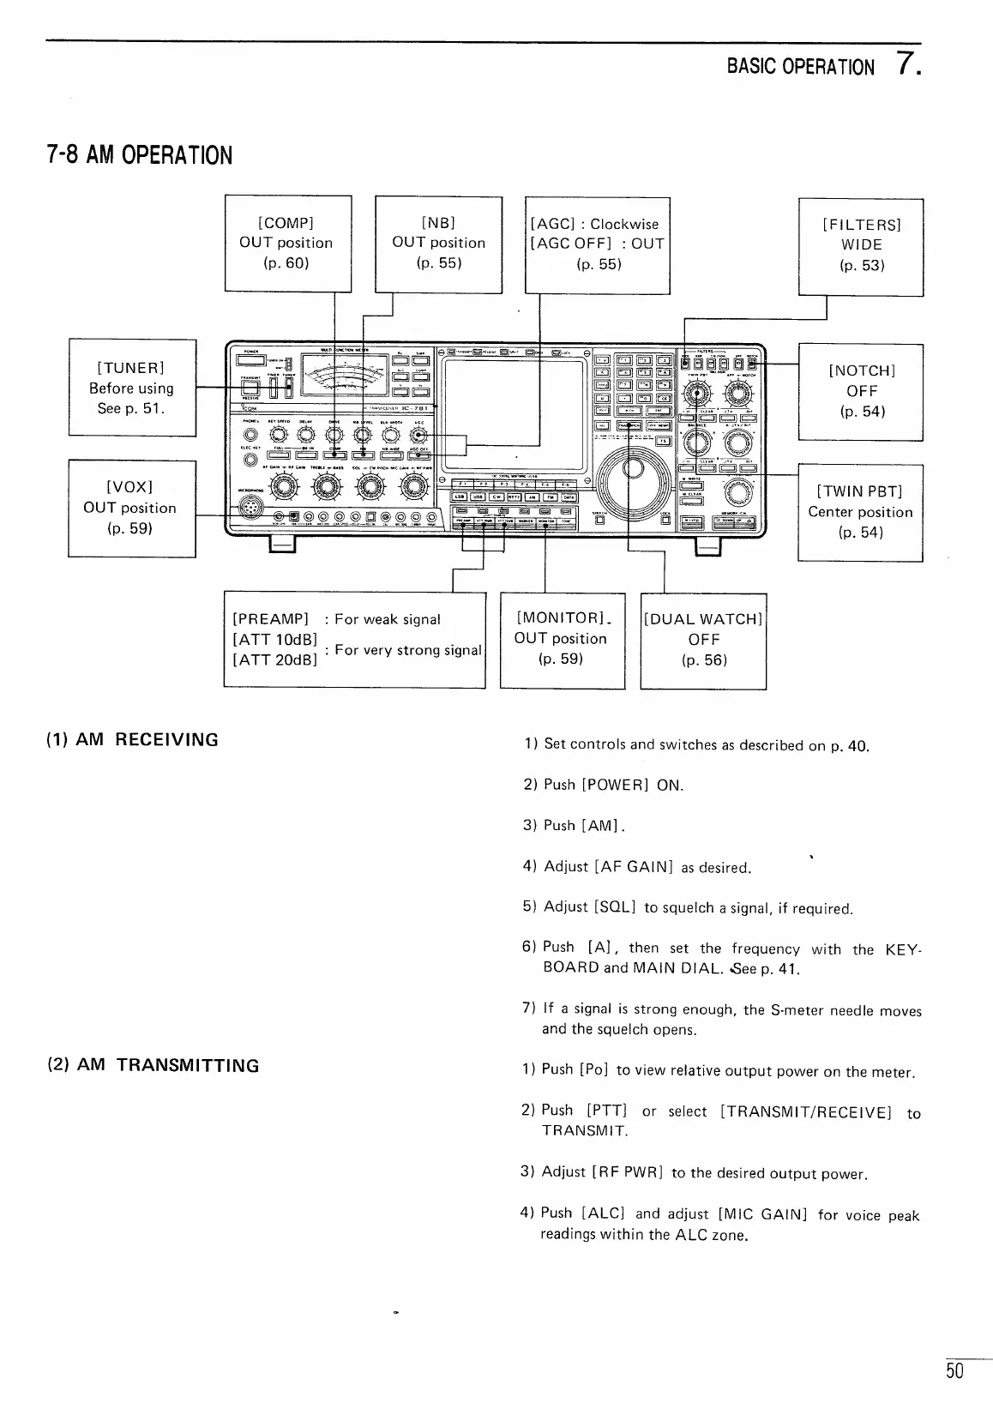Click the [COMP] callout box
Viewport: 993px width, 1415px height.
[287, 244]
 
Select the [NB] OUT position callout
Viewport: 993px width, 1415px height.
[438, 244]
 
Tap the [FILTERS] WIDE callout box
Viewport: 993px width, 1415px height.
[861, 246]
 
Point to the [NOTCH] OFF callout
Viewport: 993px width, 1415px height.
[861, 391]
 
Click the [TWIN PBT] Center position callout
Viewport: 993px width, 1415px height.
[860, 512]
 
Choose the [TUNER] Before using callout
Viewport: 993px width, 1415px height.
[132, 388]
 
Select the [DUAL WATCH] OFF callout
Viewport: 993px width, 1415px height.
[703, 640]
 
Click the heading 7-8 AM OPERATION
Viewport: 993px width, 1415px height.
[139, 155]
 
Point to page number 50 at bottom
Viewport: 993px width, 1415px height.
[954, 1370]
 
